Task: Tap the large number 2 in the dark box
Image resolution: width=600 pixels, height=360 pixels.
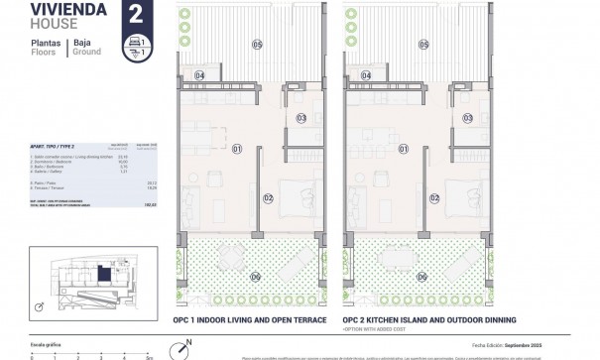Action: [134, 13]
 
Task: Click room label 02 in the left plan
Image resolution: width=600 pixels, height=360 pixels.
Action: [268, 197]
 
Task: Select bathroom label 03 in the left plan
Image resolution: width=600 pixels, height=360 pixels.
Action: [302, 118]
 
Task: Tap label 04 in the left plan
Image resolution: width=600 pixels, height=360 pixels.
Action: [199, 75]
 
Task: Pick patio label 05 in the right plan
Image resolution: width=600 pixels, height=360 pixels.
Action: [423, 45]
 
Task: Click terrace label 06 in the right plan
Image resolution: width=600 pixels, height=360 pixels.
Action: [423, 277]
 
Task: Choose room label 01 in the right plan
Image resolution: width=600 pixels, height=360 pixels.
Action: [405, 149]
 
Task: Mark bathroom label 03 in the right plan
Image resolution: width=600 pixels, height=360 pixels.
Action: [469, 118]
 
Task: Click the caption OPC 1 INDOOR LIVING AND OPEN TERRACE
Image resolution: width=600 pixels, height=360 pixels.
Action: [253, 321]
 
